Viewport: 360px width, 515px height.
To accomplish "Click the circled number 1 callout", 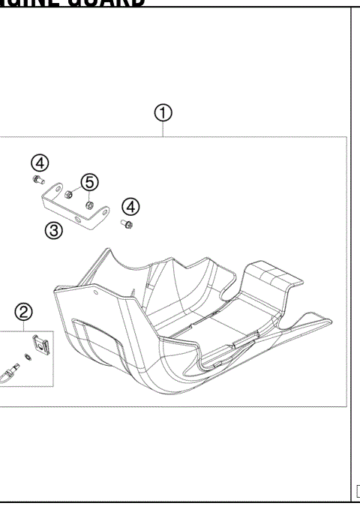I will tap(163, 113).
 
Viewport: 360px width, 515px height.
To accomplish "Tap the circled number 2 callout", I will tap(24, 312).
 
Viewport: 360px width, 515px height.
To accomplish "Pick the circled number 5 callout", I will tap(90, 181).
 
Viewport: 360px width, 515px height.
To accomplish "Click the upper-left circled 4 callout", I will tap(40, 163).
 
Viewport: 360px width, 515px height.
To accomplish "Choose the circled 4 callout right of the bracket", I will tap(130, 206).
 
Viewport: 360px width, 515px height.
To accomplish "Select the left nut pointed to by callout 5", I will tap(69, 194).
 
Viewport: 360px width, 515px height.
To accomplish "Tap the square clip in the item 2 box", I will tap(42, 345).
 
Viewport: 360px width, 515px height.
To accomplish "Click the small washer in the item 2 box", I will tap(27, 355).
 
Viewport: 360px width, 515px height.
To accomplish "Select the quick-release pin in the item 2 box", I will tap(11, 370).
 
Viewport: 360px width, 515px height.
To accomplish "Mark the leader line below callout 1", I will tap(163, 129).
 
